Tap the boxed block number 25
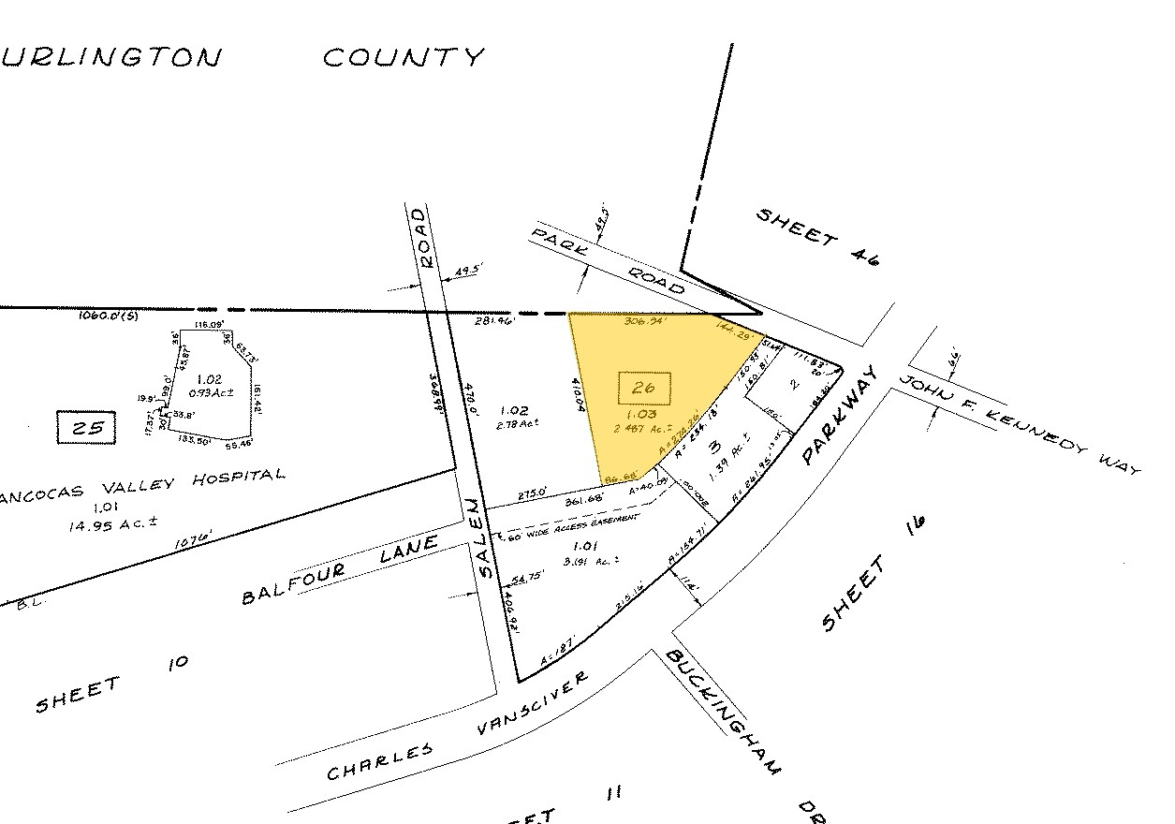coord(87,429)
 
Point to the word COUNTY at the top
coord(404,58)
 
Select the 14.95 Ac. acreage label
coord(104,525)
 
